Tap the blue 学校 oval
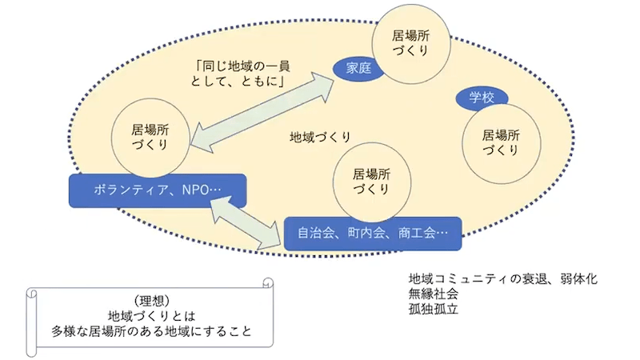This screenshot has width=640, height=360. click(x=482, y=98)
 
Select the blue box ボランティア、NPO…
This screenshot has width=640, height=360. click(x=157, y=191)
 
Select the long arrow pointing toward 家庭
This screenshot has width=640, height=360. click(x=265, y=111)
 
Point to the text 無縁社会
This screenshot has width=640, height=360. click(x=433, y=294)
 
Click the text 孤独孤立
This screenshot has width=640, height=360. click(x=433, y=308)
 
